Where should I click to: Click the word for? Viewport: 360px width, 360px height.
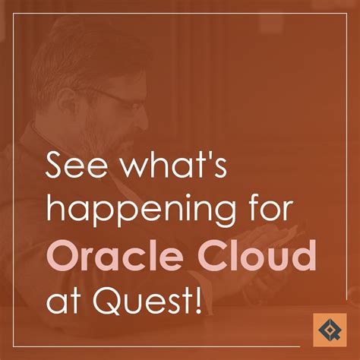257,212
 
